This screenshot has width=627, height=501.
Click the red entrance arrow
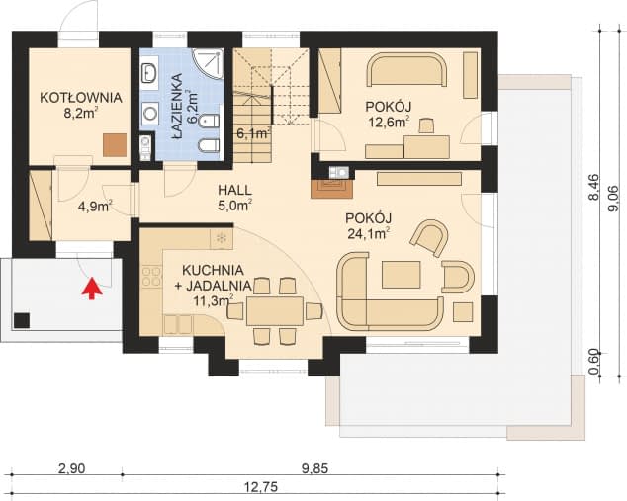(x=92, y=289)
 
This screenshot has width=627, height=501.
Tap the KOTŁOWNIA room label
(x=81, y=98)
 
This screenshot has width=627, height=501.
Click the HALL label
(x=234, y=190)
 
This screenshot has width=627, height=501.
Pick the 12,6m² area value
(x=389, y=122)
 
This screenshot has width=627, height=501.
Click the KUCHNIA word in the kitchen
(x=214, y=270)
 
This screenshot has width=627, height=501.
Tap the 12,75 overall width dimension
(x=261, y=487)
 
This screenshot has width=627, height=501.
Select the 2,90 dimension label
(x=72, y=468)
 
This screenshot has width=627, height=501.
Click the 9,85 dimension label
(x=314, y=468)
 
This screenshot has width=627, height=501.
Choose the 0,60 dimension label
(x=594, y=362)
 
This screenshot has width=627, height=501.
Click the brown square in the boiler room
(x=115, y=145)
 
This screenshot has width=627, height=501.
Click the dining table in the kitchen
(x=274, y=311)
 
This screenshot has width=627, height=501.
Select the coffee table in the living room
(x=402, y=275)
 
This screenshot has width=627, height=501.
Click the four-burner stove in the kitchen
(x=151, y=277)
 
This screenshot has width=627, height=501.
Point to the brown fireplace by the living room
(x=332, y=189)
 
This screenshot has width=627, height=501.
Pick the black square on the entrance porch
(x=22, y=320)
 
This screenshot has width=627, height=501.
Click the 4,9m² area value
(x=95, y=207)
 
